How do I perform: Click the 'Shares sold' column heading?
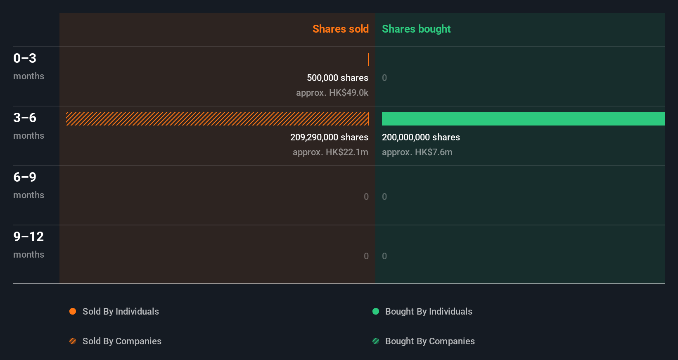340,29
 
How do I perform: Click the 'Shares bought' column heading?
416,29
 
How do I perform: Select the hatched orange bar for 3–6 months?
217,119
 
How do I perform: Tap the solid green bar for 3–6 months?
523,119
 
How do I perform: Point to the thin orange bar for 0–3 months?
368,59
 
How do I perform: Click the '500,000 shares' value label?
337,78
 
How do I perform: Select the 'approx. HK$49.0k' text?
332,92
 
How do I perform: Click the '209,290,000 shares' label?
329,137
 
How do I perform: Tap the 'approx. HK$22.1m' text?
330,152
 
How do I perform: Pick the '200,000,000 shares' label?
421,137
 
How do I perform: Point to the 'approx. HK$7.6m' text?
417,152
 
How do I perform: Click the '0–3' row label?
25,58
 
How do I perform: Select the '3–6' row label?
25,118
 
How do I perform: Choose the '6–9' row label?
25,177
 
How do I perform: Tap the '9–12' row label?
28,237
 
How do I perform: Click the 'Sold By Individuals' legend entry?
120,311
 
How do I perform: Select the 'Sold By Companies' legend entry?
121,341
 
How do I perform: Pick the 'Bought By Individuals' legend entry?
428,311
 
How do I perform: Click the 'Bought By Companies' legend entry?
429,341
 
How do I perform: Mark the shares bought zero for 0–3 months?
384,78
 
